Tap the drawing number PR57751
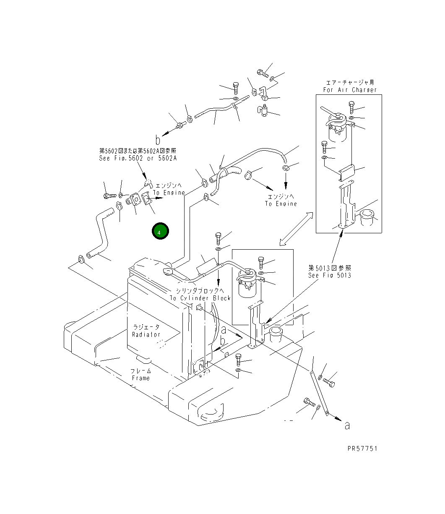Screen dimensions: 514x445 362,449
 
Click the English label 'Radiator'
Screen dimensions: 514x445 146,334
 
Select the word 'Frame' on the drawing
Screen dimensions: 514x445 141,378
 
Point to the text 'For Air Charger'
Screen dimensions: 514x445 350,90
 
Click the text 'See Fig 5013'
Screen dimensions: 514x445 330,275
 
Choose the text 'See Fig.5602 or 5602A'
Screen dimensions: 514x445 138,158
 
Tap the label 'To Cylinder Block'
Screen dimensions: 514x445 200,298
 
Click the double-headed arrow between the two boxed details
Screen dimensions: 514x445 297,228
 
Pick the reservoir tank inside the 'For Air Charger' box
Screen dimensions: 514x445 336,127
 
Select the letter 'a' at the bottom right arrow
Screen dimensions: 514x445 347,425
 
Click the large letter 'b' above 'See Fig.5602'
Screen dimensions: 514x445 158,139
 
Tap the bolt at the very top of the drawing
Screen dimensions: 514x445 263,73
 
